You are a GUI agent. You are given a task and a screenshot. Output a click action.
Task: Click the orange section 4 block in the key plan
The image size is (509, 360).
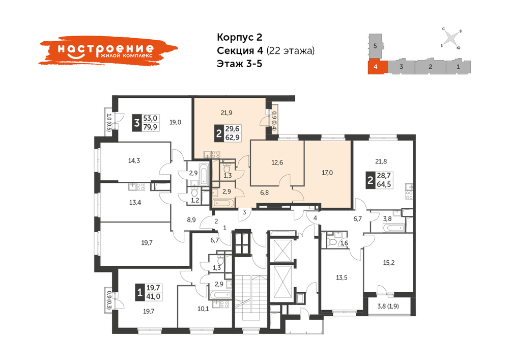click(378, 67)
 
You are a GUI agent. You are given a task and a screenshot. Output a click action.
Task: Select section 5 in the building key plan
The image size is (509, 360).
click(375, 46)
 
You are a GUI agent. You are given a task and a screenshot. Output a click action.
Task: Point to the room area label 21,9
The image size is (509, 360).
click(227, 113)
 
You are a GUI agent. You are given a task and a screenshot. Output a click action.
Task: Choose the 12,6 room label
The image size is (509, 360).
click(277, 162)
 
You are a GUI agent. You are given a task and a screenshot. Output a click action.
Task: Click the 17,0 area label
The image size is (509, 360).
click(327, 173)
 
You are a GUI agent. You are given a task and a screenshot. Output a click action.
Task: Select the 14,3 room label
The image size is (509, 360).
click(134, 160)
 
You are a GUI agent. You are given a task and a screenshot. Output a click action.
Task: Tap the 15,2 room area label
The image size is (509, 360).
click(389, 263)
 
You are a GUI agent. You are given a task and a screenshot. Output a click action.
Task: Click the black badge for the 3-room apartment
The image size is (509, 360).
click(136, 123)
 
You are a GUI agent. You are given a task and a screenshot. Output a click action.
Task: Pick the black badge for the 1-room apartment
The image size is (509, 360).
click(139, 292)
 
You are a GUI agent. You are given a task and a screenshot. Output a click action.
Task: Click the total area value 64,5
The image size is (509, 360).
click(384, 185)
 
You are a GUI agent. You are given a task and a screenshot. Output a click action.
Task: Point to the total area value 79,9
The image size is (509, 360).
click(150, 127)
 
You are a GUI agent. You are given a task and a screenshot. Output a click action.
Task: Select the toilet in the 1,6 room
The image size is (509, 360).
click(332, 242)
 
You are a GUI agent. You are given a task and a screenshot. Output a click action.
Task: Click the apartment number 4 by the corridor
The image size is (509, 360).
click(315, 218)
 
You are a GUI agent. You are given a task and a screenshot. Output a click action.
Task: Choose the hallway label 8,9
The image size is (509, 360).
click(191, 220)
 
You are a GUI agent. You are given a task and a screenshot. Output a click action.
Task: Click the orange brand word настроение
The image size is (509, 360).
click(105, 48)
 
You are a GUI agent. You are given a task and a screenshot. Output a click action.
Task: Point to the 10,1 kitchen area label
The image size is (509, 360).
click(203, 309)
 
